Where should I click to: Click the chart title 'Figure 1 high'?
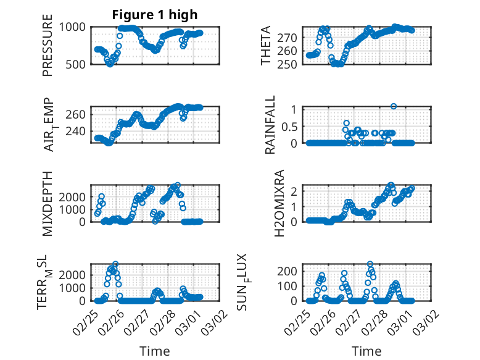(155, 15)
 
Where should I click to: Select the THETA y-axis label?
(266, 46)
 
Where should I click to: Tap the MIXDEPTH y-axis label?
(48, 203)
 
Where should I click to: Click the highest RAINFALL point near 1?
(394, 106)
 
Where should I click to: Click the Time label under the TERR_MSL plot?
(155, 351)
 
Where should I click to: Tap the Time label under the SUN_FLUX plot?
(366, 351)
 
